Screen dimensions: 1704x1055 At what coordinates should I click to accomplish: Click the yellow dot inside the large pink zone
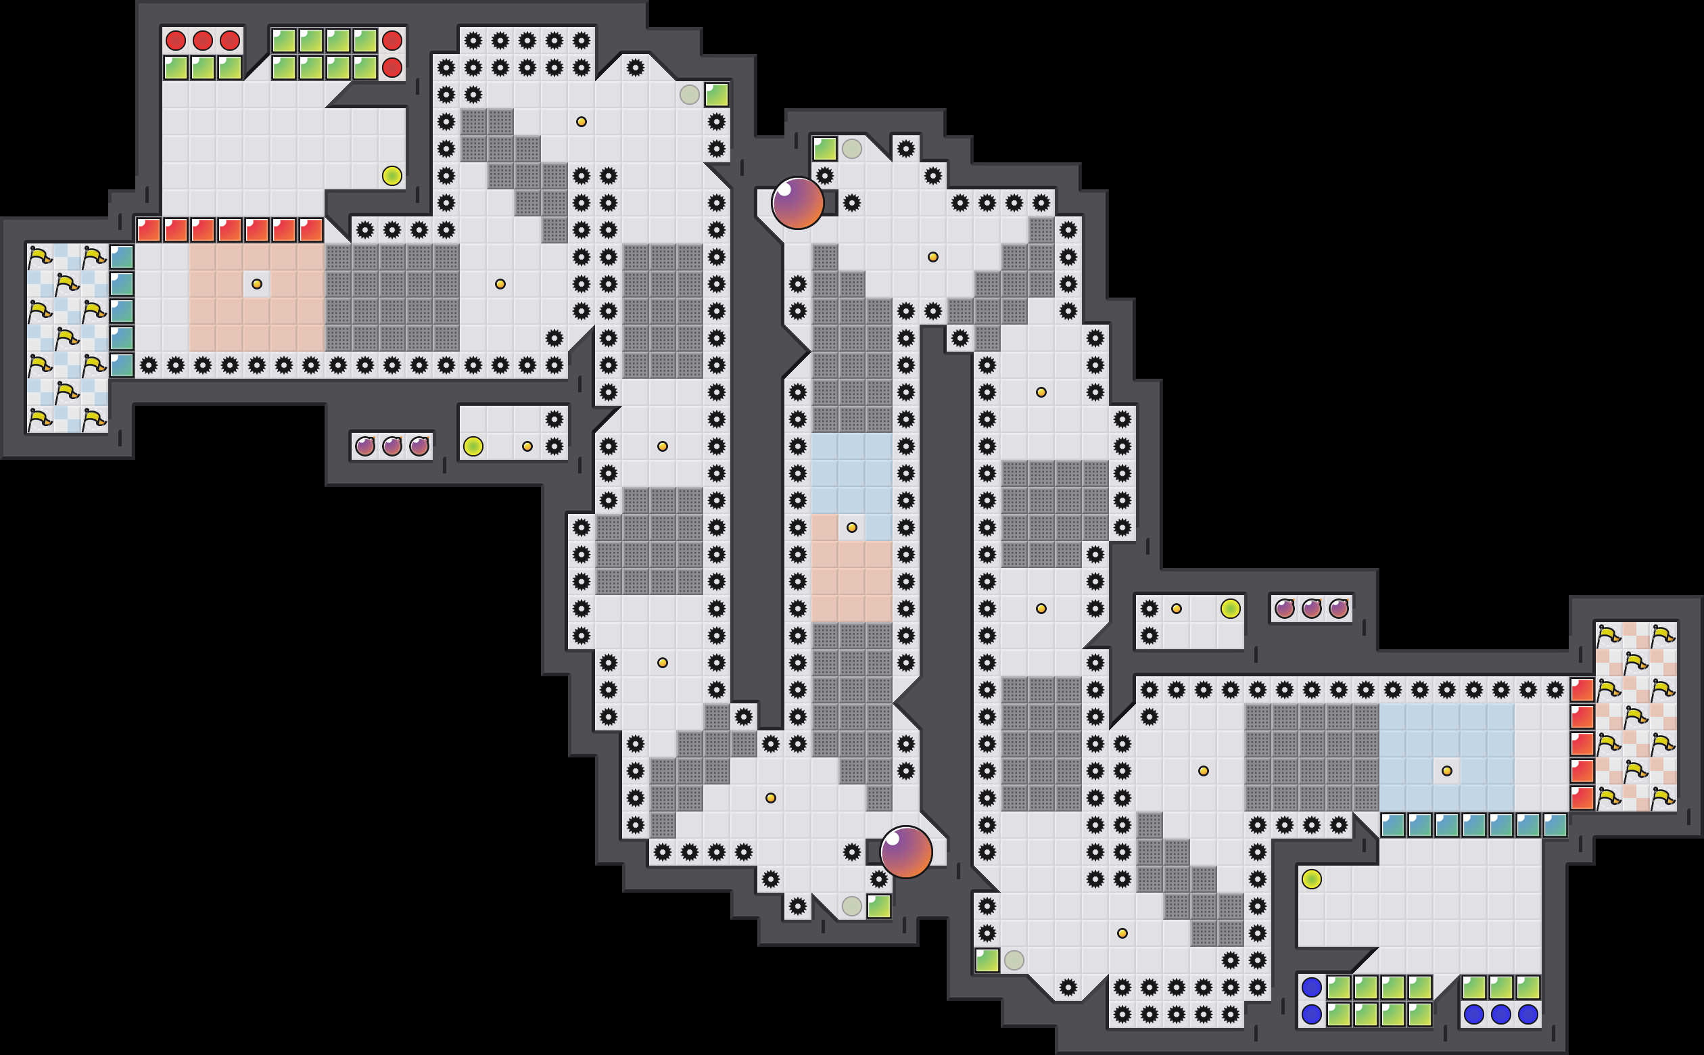pyautogui.click(x=257, y=284)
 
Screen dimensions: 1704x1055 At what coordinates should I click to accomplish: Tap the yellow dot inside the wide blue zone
pyautogui.click(x=1446, y=771)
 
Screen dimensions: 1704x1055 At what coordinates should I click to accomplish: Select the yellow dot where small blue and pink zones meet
pyautogui.click(x=851, y=527)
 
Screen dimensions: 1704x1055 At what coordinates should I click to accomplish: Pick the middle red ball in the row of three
pyautogui.click(x=202, y=41)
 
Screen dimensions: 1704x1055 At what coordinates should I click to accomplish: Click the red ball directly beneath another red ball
pyautogui.click(x=392, y=68)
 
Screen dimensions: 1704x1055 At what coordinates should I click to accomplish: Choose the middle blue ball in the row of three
pyautogui.click(x=1500, y=1014)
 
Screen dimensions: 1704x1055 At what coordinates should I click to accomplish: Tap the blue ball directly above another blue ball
pyautogui.click(x=1311, y=987)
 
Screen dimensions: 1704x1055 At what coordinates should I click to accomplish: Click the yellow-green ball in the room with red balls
pyautogui.click(x=392, y=176)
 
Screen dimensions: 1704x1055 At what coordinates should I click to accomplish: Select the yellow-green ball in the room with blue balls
pyautogui.click(x=1311, y=879)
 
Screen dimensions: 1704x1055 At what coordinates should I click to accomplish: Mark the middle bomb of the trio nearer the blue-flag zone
pyautogui.click(x=392, y=446)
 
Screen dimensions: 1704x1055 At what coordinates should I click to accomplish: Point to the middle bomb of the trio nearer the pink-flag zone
pyautogui.click(x=1311, y=609)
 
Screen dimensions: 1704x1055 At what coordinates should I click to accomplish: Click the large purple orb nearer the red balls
pyautogui.click(x=797, y=203)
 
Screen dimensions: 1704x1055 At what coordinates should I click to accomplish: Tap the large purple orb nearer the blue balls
pyautogui.click(x=905, y=852)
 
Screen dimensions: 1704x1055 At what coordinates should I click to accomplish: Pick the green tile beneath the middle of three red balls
pyautogui.click(x=202, y=68)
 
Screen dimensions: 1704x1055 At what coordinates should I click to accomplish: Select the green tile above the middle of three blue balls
pyautogui.click(x=1500, y=987)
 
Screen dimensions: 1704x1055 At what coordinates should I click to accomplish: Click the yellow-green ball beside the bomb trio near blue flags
pyautogui.click(x=473, y=446)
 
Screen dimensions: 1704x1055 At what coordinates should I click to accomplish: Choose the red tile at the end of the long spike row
pyautogui.click(x=1581, y=690)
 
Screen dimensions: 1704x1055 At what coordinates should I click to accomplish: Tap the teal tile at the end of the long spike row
pyautogui.click(x=121, y=365)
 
